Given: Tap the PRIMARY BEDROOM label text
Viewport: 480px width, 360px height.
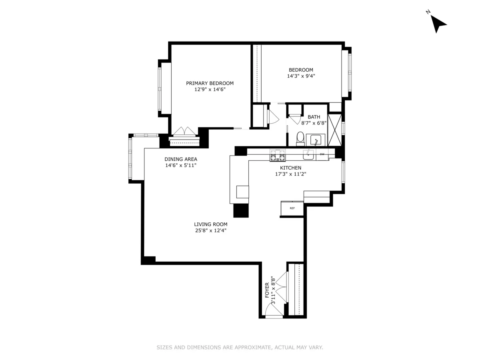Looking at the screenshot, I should (210, 83).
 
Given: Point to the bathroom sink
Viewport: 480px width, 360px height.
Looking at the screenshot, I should (316, 140).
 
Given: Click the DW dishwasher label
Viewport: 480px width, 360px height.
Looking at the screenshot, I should (322, 154).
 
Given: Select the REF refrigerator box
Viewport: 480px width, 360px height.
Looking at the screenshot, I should (292, 208).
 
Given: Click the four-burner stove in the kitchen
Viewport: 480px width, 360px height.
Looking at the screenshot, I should (277, 154).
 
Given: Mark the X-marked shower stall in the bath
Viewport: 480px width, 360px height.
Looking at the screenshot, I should (334, 130).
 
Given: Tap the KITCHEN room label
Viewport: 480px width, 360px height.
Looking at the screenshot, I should (290, 168).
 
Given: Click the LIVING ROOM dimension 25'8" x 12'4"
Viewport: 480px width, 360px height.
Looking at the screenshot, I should (211, 230).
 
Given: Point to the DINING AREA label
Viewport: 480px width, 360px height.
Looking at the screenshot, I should (181, 159).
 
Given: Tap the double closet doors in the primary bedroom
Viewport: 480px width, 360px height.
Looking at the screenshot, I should (184, 132).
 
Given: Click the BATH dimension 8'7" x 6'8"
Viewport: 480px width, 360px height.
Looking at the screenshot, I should (314, 124).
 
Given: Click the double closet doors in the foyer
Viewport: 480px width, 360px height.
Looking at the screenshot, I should (283, 287).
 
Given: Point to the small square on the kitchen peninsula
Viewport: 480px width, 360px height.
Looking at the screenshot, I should (242, 192).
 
